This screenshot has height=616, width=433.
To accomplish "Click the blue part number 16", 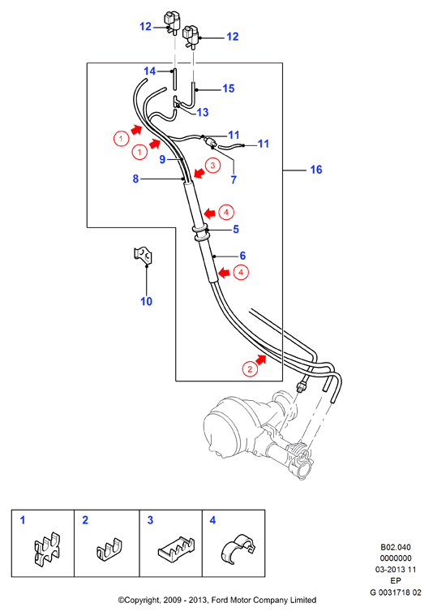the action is [316, 170].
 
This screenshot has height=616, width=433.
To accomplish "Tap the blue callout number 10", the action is [147, 301].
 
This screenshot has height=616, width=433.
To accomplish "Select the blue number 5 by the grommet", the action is [236, 229].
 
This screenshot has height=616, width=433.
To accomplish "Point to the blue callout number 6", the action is [242, 256].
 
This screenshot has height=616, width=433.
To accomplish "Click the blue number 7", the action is [234, 179].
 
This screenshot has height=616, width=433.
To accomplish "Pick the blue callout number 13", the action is [203, 112].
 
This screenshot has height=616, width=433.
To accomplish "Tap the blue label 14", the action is [149, 71].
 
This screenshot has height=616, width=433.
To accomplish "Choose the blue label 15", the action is [229, 88].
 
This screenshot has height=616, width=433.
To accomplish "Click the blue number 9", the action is [162, 160].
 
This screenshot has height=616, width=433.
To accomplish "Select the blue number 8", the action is [136, 179].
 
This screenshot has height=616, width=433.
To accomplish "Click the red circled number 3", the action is [212, 165].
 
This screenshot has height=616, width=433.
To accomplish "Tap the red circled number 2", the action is [250, 369].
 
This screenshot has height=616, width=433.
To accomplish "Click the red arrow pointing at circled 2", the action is [260, 359].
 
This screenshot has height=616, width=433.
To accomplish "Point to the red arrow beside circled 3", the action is [199, 173].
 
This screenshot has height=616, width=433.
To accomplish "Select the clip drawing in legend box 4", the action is [238, 549].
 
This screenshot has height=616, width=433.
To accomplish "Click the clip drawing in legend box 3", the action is [176, 548].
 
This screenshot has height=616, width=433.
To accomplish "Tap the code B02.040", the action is [396, 547].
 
